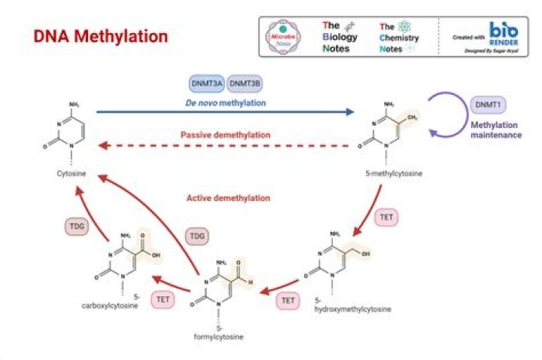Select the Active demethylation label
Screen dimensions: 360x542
[227, 198]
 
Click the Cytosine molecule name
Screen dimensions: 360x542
[72, 174]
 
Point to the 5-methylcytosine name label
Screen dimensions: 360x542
[393, 174]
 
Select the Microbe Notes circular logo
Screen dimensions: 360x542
[285, 36]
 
